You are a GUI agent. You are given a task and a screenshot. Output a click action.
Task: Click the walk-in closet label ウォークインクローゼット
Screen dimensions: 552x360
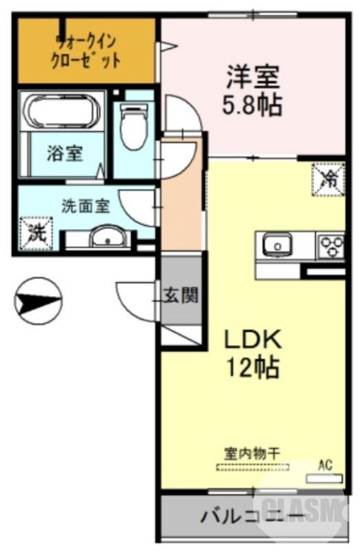coord(87,51)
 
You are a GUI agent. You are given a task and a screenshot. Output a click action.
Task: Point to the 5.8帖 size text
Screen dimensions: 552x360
coord(253,106)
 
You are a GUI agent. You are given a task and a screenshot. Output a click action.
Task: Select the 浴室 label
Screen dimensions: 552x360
coord(65,152)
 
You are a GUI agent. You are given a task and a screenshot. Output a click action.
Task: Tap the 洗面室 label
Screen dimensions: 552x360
coord(85,205)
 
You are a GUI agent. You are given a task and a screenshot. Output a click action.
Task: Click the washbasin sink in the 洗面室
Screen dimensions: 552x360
coord(108,239)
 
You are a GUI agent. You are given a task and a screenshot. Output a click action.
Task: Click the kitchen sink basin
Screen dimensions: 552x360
coord(277,244)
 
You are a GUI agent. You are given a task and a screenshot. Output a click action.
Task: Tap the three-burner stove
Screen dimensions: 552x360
coord(330,244)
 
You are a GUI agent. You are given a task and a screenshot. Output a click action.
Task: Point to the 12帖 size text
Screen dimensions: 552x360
coord(252,367)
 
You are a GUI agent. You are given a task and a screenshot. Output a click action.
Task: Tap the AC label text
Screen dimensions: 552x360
coord(325,465)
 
